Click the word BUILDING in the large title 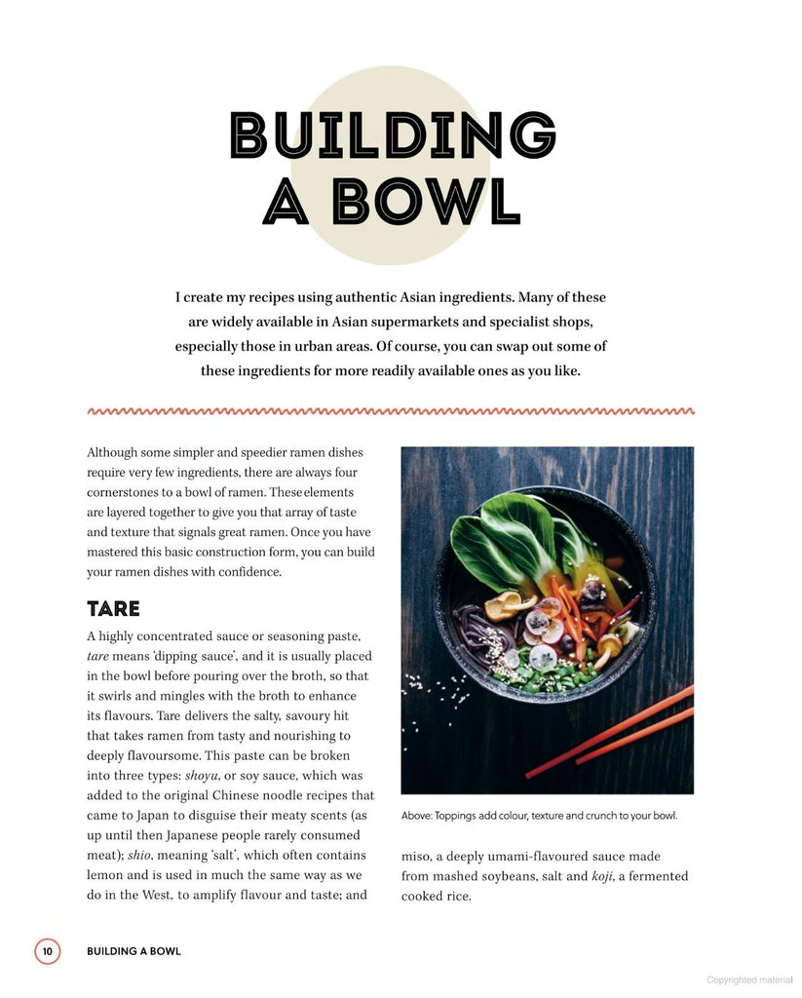point(393,136)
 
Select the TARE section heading point(113,609)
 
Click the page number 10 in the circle point(48,951)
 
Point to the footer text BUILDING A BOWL point(134,951)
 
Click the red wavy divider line point(391,411)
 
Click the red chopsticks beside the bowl point(610,733)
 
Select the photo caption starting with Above point(538,816)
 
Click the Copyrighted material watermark point(749,979)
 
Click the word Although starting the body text point(115,452)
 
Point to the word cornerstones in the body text point(127,492)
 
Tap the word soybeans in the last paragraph point(500,876)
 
